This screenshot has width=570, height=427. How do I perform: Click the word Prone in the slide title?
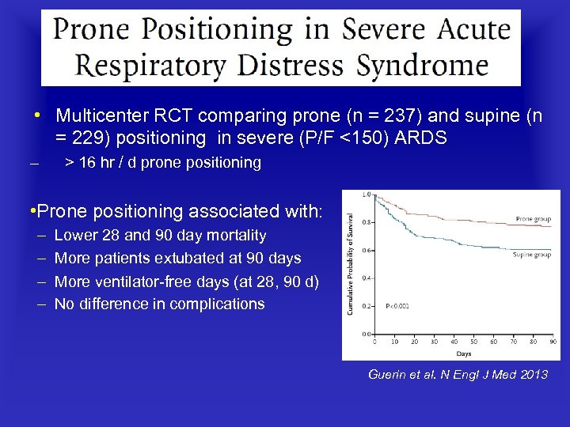pyautogui.click(x=92, y=31)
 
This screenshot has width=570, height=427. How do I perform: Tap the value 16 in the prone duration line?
pyautogui.click(x=89, y=163)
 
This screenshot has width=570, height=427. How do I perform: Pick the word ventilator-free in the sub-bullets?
pyautogui.click(x=145, y=281)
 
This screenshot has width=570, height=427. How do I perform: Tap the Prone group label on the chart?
pyautogui.click(x=533, y=218)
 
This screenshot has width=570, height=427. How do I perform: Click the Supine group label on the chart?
pyautogui.click(x=531, y=255)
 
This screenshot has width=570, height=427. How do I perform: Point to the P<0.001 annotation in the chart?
pyautogui.click(x=398, y=304)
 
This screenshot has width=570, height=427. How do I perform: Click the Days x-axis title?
pyautogui.click(x=462, y=353)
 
